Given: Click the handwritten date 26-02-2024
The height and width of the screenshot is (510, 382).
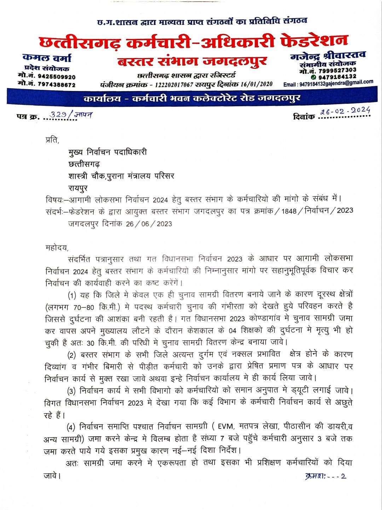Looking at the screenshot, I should (x=345, y=111).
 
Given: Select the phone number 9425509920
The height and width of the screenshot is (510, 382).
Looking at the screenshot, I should (x=56, y=76).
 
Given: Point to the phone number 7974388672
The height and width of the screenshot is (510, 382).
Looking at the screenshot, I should (x=56, y=85).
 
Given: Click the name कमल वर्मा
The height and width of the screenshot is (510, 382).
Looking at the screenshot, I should (x=47, y=58).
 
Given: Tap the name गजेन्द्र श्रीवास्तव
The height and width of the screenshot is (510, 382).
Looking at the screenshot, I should (x=328, y=56).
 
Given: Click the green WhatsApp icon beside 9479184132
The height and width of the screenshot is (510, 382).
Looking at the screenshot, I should (x=313, y=77).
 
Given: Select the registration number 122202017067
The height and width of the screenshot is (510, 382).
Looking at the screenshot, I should (x=174, y=84).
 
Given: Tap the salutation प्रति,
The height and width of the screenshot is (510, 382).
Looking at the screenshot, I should (x=53, y=140).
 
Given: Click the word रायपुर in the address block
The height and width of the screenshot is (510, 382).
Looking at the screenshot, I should (x=78, y=188).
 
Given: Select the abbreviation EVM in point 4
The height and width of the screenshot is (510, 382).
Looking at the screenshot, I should (x=225, y=427).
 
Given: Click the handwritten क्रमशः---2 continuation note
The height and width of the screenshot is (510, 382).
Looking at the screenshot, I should (x=325, y=476).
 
